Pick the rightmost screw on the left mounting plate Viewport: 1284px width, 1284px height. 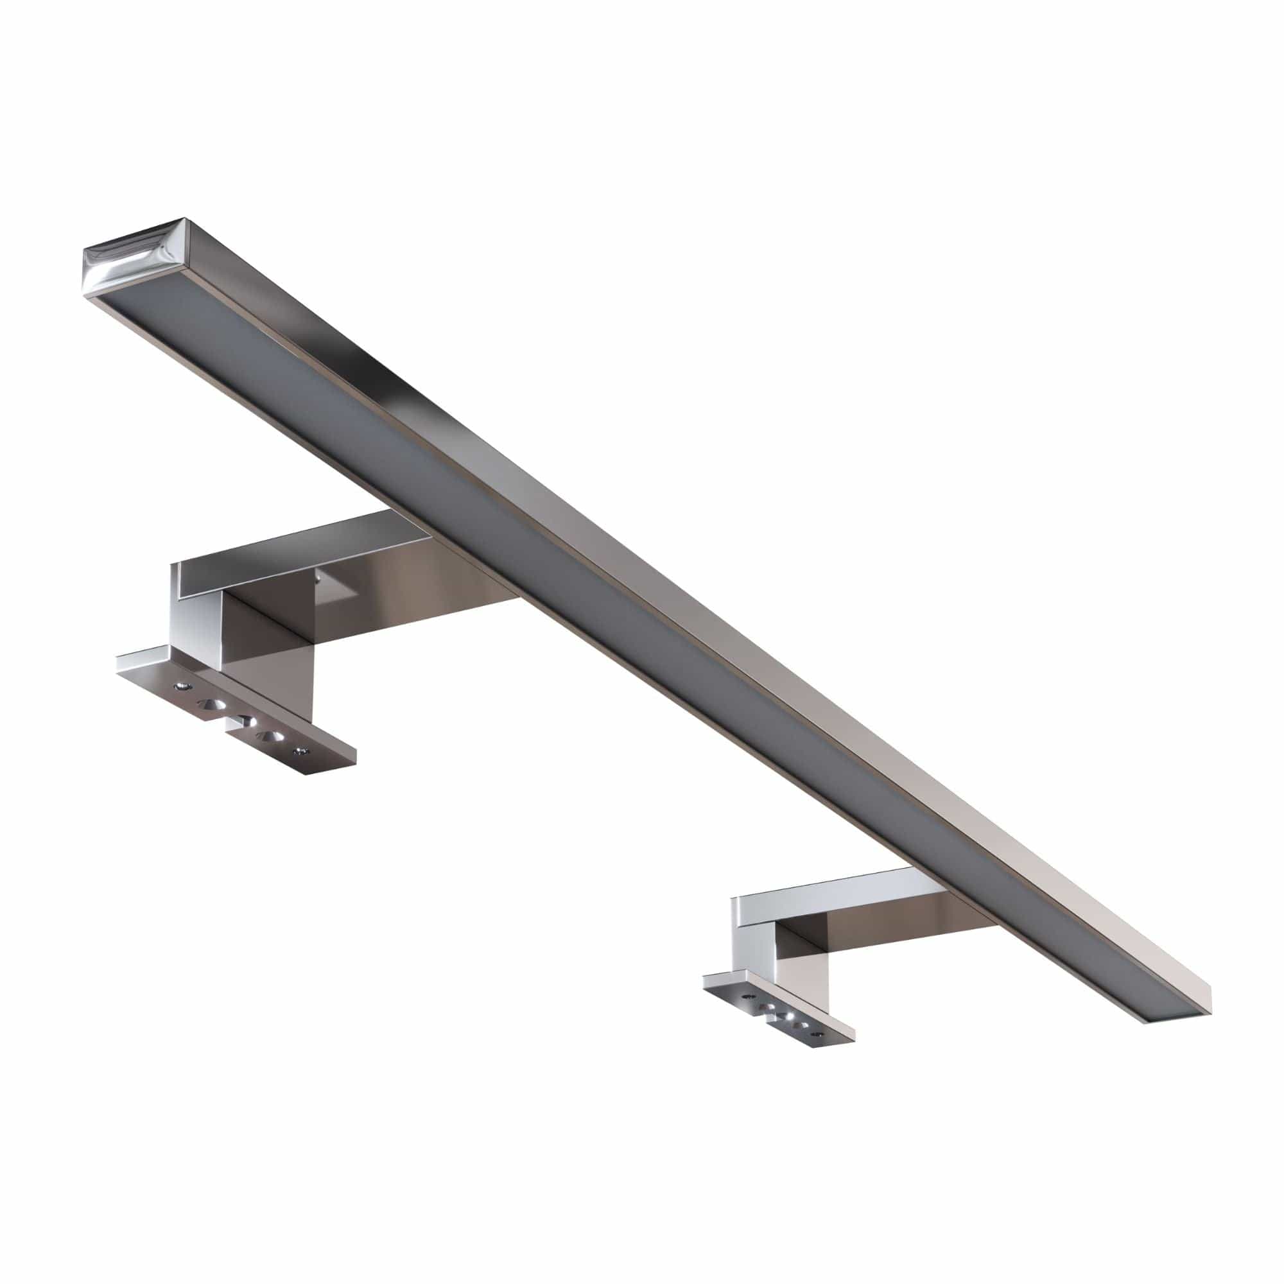(304, 751)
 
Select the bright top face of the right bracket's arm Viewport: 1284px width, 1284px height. (831, 887)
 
